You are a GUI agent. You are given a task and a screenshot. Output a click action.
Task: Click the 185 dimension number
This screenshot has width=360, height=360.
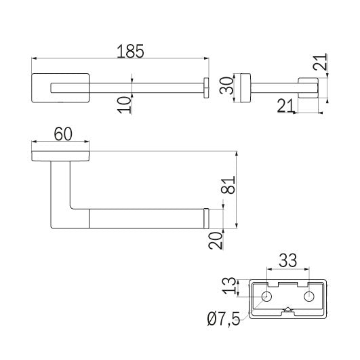point(130,52)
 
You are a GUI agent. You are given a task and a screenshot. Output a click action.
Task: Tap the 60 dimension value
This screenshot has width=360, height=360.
point(63,134)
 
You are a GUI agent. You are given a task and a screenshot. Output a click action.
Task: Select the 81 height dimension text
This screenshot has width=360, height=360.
point(228,185)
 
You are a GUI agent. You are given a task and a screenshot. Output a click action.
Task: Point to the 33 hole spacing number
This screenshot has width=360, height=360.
point(287,260)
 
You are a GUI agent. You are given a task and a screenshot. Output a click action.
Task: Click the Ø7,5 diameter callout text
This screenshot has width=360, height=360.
point(224,319)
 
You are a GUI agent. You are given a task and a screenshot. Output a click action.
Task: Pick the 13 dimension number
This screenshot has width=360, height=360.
point(230,286)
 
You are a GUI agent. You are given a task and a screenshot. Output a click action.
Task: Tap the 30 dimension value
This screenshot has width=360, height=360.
point(226,85)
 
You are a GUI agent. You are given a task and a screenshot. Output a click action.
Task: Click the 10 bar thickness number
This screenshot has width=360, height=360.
point(124,104)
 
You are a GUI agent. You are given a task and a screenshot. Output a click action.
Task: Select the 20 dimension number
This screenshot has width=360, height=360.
point(216,241)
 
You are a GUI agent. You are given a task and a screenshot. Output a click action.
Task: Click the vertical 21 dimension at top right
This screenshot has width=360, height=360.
point(319,62)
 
